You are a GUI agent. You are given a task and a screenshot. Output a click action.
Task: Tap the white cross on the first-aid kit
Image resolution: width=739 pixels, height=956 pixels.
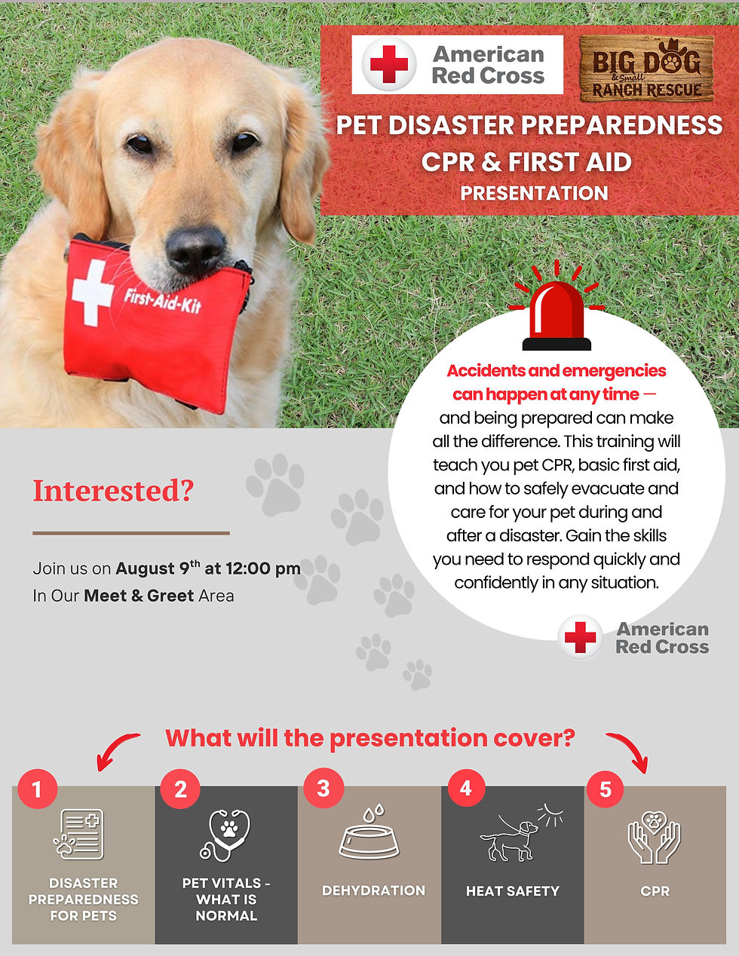[x=93, y=293]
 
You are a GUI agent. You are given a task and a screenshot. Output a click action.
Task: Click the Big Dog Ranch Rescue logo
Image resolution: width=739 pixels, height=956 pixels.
[x=646, y=68]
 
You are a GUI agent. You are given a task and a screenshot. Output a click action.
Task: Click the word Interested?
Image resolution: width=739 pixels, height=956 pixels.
[x=113, y=491]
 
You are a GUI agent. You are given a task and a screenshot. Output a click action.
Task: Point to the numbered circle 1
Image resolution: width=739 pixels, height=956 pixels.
[x=36, y=789]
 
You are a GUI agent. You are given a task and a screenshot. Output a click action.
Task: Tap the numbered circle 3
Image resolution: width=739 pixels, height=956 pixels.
[x=324, y=789]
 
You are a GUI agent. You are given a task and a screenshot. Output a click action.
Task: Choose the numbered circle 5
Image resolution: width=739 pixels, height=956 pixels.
[x=606, y=789]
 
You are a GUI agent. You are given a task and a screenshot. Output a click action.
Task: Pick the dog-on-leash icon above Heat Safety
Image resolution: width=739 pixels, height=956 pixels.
[x=513, y=835]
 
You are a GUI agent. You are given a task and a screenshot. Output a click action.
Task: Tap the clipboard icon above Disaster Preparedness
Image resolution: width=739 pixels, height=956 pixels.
[x=79, y=834]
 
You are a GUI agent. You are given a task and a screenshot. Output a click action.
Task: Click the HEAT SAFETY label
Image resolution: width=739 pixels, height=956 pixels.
[x=513, y=891]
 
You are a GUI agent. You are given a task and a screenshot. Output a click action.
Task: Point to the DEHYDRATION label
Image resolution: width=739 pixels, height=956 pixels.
[x=373, y=890]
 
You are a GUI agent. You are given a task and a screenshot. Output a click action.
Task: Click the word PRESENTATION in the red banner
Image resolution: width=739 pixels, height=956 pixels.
[x=534, y=193]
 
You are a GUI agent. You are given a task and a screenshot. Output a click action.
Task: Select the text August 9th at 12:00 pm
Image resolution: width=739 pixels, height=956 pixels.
[x=208, y=568]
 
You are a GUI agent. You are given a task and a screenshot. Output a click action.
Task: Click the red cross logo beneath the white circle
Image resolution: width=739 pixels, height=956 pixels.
[x=580, y=638]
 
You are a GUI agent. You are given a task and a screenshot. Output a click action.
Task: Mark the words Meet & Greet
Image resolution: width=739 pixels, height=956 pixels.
[x=139, y=596]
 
